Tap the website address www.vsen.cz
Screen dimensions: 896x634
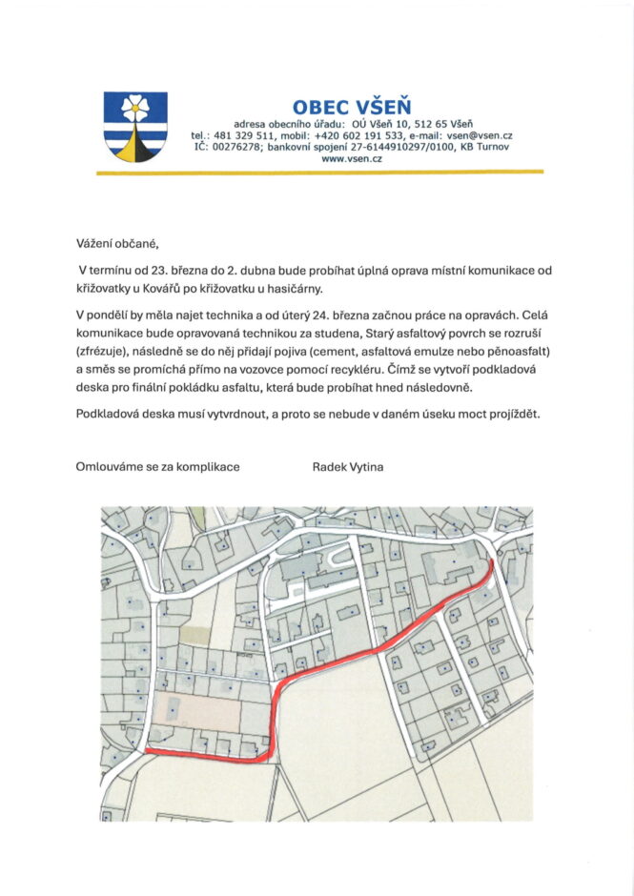click(352, 159)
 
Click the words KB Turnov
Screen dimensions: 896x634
click(486, 147)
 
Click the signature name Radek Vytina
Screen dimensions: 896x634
click(348, 467)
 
